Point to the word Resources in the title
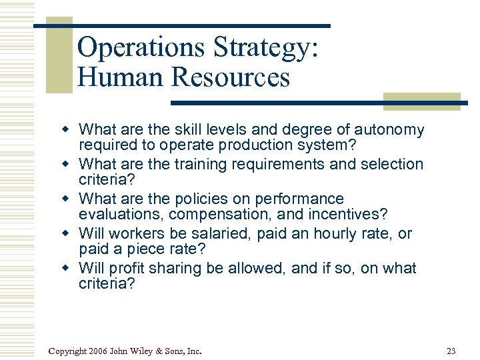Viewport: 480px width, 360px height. coord(231,77)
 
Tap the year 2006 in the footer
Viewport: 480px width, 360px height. coord(97,351)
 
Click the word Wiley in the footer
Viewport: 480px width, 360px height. coord(149,351)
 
